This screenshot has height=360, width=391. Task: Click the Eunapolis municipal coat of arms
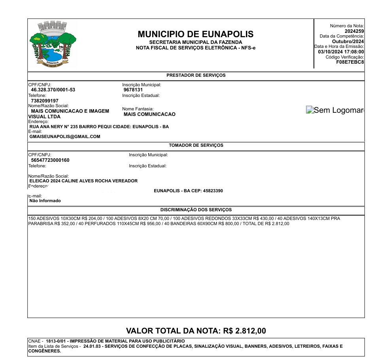[x=53, y=44]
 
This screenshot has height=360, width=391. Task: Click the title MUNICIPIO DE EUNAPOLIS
[x=196, y=34]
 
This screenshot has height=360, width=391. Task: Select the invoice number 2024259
[x=354, y=31]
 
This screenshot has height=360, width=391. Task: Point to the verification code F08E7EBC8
[x=350, y=62]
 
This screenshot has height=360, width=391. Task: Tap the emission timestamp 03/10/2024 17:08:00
[x=341, y=52]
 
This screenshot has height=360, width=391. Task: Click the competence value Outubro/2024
[x=348, y=42]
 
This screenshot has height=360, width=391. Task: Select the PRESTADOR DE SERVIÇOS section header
[x=196, y=75]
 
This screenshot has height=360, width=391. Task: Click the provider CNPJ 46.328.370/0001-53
[x=53, y=90]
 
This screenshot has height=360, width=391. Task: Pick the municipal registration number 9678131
[x=133, y=90]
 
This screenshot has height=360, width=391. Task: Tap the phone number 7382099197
[x=45, y=101]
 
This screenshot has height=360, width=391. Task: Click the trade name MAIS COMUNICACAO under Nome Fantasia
[x=149, y=114]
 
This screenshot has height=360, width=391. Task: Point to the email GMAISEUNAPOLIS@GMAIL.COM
[x=65, y=136]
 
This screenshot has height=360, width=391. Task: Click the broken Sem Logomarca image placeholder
[x=335, y=110]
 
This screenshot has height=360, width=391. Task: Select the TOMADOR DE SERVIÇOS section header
[x=196, y=146]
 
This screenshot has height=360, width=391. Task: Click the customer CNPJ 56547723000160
[x=50, y=160]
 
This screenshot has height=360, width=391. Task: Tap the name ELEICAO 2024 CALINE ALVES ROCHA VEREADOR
[x=84, y=181]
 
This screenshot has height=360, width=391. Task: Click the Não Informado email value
[x=45, y=201]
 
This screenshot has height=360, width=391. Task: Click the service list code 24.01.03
[x=92, y=346]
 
